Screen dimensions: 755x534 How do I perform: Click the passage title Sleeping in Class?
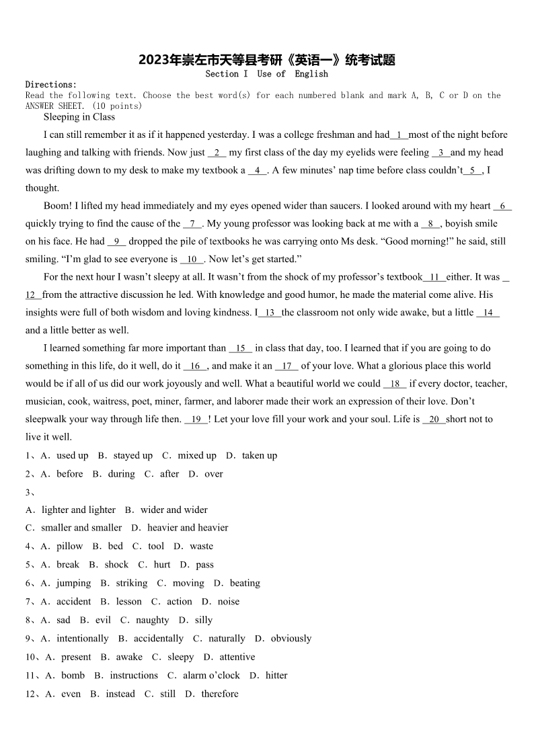pyautogui.click(x=79, y=117)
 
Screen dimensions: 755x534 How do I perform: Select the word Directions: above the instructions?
pyautogui.click(x=51, y=85)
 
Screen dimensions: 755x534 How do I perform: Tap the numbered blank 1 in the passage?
pyautogui.click(x=399, y=135)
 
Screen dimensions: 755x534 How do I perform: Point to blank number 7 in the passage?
pyautogui.click(x=192, y=224)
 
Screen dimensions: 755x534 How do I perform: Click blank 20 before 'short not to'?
pyautogui.click(x=434, y=420)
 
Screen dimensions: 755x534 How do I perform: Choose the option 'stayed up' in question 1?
pyautogui.click(x=132, y=456)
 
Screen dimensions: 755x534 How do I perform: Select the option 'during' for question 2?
pyautogui.click(x=121, y=474)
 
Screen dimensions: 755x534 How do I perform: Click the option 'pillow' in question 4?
pyautogui.click(x=69, y=547)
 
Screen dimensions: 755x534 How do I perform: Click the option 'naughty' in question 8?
pyautogui.click(x=152, y=621)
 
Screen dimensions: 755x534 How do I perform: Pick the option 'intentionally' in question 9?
pyautogui.click(x=82, y=639)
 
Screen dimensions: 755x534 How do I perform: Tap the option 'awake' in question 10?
pyautogui.click(x=129, y=658)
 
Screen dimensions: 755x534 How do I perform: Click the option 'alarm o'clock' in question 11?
pyautogui.click(x=211, y=676)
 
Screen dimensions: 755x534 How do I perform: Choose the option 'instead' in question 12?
pyautogui.click(x=120, y=694)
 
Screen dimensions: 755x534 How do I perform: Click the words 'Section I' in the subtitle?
pyautogui.click(x=227, y=74)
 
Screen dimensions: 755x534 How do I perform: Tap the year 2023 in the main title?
pyautogui.click(x=153, y=61)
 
